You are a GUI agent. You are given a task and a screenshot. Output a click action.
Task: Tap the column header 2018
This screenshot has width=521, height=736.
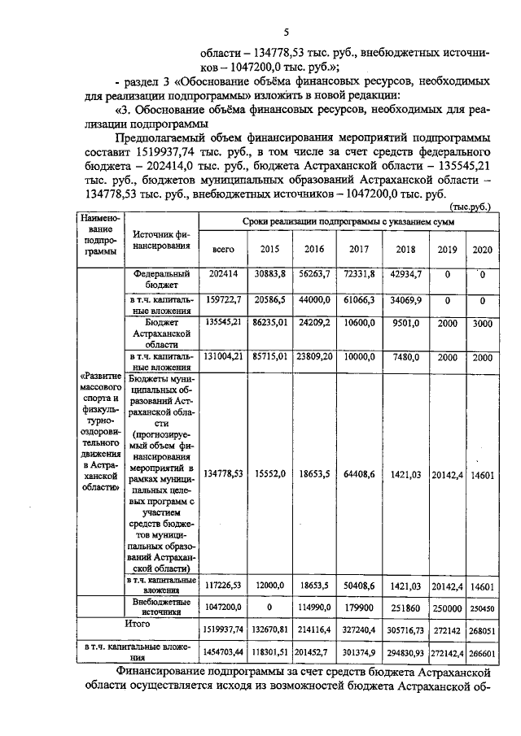point(405,250)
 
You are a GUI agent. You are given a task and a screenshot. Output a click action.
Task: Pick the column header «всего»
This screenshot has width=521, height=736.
point(222,250)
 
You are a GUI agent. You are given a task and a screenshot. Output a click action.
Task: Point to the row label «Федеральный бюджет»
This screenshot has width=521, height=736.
point(162,281)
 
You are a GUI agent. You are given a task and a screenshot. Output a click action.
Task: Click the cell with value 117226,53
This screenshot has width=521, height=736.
point(222,585)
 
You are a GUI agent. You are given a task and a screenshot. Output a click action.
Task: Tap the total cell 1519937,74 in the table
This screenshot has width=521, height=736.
point(222,629)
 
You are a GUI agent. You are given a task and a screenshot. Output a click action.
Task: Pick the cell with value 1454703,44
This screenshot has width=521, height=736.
point(222,651)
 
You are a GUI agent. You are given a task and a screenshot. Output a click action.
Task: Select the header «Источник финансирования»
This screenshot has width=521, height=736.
point(161,239)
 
